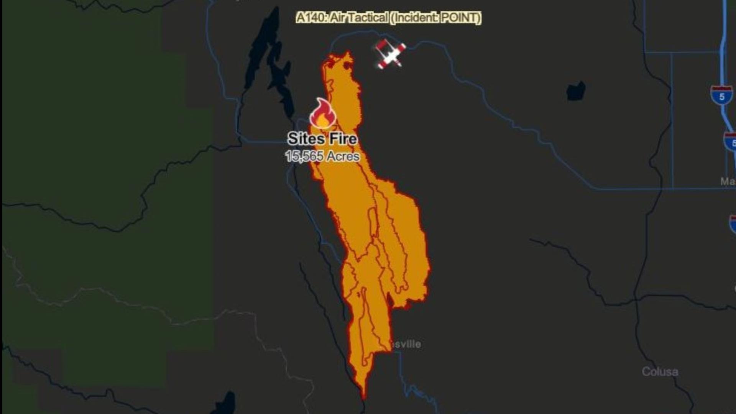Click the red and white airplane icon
click(390, 54)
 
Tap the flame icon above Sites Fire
click(322, 114)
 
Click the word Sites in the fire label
click(303, 139)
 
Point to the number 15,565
click(304, 156)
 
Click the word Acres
click(343, 156)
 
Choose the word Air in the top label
click(337, 18)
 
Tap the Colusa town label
click(660, 371)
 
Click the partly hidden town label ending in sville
click(406, 344)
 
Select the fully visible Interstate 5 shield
click(721, 95)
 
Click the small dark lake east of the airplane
click(576, 92)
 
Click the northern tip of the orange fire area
click(348, 54)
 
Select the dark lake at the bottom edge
click(226, 404)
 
